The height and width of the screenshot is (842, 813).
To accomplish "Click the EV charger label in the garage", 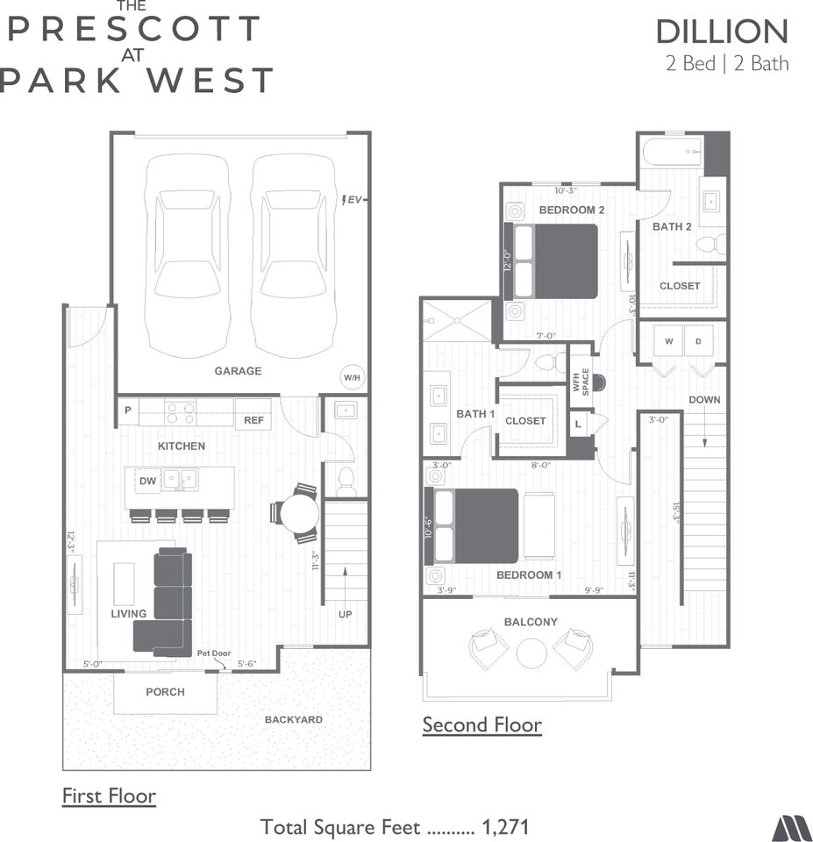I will tap(353, 200).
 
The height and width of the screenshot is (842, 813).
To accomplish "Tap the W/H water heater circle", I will tap(351, 378).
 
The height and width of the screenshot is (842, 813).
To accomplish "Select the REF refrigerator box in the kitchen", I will tap(253, 420).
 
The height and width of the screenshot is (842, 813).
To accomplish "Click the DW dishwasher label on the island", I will tap(147, 481).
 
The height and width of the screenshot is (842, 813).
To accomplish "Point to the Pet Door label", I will tap(213, 653).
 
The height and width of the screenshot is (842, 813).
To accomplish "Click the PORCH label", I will tap(165, 692).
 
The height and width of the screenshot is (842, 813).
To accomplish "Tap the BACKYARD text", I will tap(294, 720).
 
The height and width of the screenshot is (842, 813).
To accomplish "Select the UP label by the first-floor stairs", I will tap(346, 614).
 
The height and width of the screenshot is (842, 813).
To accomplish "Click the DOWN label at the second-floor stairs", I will tap(704, 400).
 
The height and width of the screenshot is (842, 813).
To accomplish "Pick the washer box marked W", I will tap(668, 341).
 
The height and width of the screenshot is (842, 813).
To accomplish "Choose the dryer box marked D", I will tap(698, 341).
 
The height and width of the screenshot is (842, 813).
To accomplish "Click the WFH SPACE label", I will tap(581, 382).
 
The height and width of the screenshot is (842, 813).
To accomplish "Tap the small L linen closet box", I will tap(577, 424).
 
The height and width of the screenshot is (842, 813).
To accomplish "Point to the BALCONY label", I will tap(531, 622).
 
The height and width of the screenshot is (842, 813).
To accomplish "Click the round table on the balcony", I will tap(531, 653).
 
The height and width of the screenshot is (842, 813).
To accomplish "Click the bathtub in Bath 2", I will tap(671, 153).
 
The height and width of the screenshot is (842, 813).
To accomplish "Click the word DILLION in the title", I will tap(722, 32).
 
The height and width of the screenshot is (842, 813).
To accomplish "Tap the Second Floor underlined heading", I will tap(481, 725).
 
